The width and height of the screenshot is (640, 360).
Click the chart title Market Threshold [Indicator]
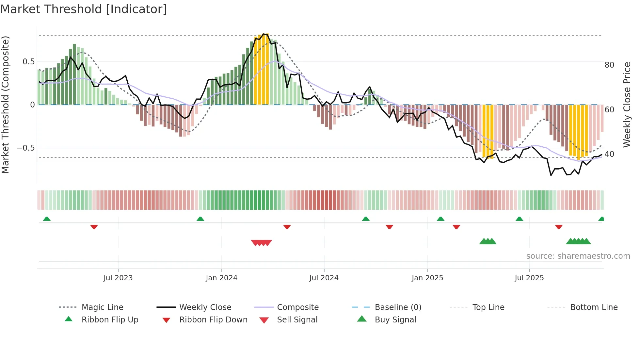pos(84,9)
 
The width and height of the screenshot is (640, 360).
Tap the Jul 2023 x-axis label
pos(118,278)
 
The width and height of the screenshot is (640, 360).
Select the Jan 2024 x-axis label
pos(221,278)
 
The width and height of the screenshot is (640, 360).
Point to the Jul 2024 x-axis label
pos(324,278)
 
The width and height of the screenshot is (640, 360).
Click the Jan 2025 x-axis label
pos(427,278)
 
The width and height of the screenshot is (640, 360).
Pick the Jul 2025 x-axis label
pos(529,278)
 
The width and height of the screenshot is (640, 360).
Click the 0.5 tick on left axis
pos(28,62)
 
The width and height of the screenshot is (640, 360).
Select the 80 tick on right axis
pos(609,65)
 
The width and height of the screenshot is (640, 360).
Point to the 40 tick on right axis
pos(609,154)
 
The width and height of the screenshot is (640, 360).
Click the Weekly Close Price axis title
pos(627,105)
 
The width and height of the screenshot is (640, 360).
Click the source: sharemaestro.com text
pos(578,256)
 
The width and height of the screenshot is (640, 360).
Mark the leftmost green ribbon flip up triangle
pos(47,219)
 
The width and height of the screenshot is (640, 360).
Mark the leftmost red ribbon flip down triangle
pos(94,227)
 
